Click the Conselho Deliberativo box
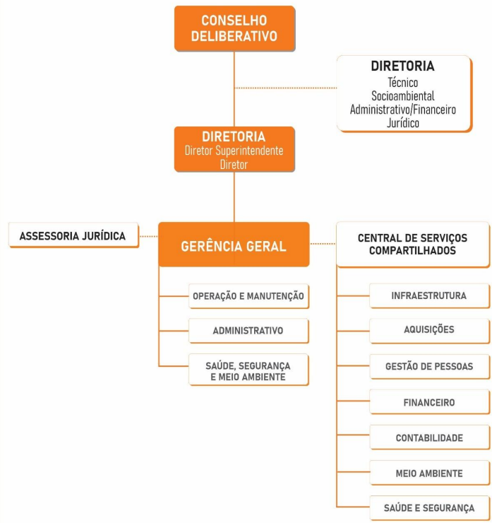234,28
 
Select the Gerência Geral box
234,246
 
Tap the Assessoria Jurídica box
73,236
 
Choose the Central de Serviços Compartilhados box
412,244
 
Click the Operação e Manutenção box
248,297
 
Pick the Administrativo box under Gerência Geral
248,330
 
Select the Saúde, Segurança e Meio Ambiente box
248,370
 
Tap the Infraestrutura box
428,295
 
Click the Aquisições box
428,330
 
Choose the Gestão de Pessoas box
428,366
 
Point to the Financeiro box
428,402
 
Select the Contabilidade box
428,438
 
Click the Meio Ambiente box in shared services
428,473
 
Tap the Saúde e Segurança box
428,507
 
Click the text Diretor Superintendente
234,151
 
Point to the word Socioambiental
403,96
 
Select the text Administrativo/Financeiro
403,110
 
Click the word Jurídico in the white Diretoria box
403,123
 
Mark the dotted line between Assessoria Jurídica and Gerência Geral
148,236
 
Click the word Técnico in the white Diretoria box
403,83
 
